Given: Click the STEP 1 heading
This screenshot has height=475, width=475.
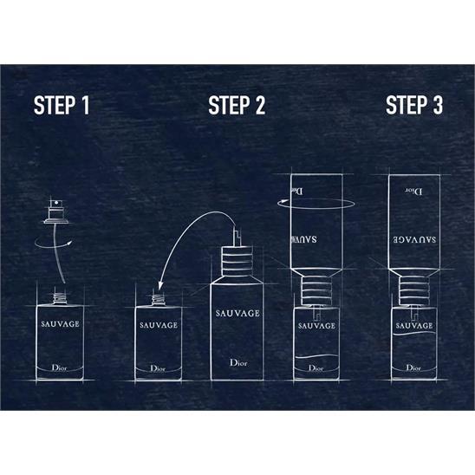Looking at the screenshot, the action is pos(62,105).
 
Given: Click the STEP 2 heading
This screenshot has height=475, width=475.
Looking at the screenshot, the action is pos(237,105).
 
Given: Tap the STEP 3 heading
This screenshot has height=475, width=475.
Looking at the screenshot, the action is pos(414,105).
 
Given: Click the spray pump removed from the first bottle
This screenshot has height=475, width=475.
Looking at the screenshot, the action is pos(56,211).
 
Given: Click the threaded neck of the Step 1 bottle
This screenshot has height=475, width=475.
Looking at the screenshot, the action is pos(60,298).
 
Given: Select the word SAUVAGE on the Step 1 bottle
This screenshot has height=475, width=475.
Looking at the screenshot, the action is pos(61,324).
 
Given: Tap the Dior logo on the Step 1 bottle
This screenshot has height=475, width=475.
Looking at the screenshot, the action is pos(59,368).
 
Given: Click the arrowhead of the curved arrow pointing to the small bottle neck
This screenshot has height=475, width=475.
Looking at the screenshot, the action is pos(160,286).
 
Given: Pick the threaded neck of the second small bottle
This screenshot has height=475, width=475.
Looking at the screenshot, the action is pos(158,300).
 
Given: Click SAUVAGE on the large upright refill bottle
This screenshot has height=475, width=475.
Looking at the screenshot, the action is pos(237,313).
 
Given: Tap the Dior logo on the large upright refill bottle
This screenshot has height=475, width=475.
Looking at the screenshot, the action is pos(238,362).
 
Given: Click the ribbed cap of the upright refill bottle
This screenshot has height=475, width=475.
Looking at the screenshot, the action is pos(237,261).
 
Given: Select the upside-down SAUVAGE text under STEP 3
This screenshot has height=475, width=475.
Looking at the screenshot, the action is pos(414,239).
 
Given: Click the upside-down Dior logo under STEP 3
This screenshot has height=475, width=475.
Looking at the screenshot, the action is pos(414,192).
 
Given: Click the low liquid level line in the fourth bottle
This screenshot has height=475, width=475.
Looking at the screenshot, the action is pos(316,356).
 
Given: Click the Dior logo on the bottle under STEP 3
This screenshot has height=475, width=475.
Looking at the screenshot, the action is pos(413,368).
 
